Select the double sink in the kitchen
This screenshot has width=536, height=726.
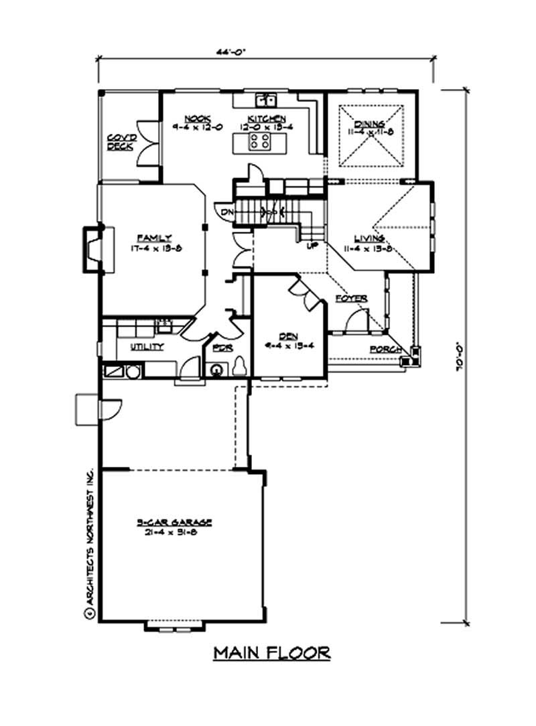pyautogui.click(x=270, y=100)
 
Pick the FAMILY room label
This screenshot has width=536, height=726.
pyautogui.click(x=154, y=238)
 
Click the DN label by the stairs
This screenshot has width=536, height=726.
pyautogui.click(x=226, y=212)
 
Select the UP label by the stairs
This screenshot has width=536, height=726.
pyautogui.click(x=312, y=246)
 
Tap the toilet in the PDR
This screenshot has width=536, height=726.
pyautogui.click(x=240, y=366)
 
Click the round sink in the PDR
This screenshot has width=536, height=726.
pyautogui.click(x=216, y=369)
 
